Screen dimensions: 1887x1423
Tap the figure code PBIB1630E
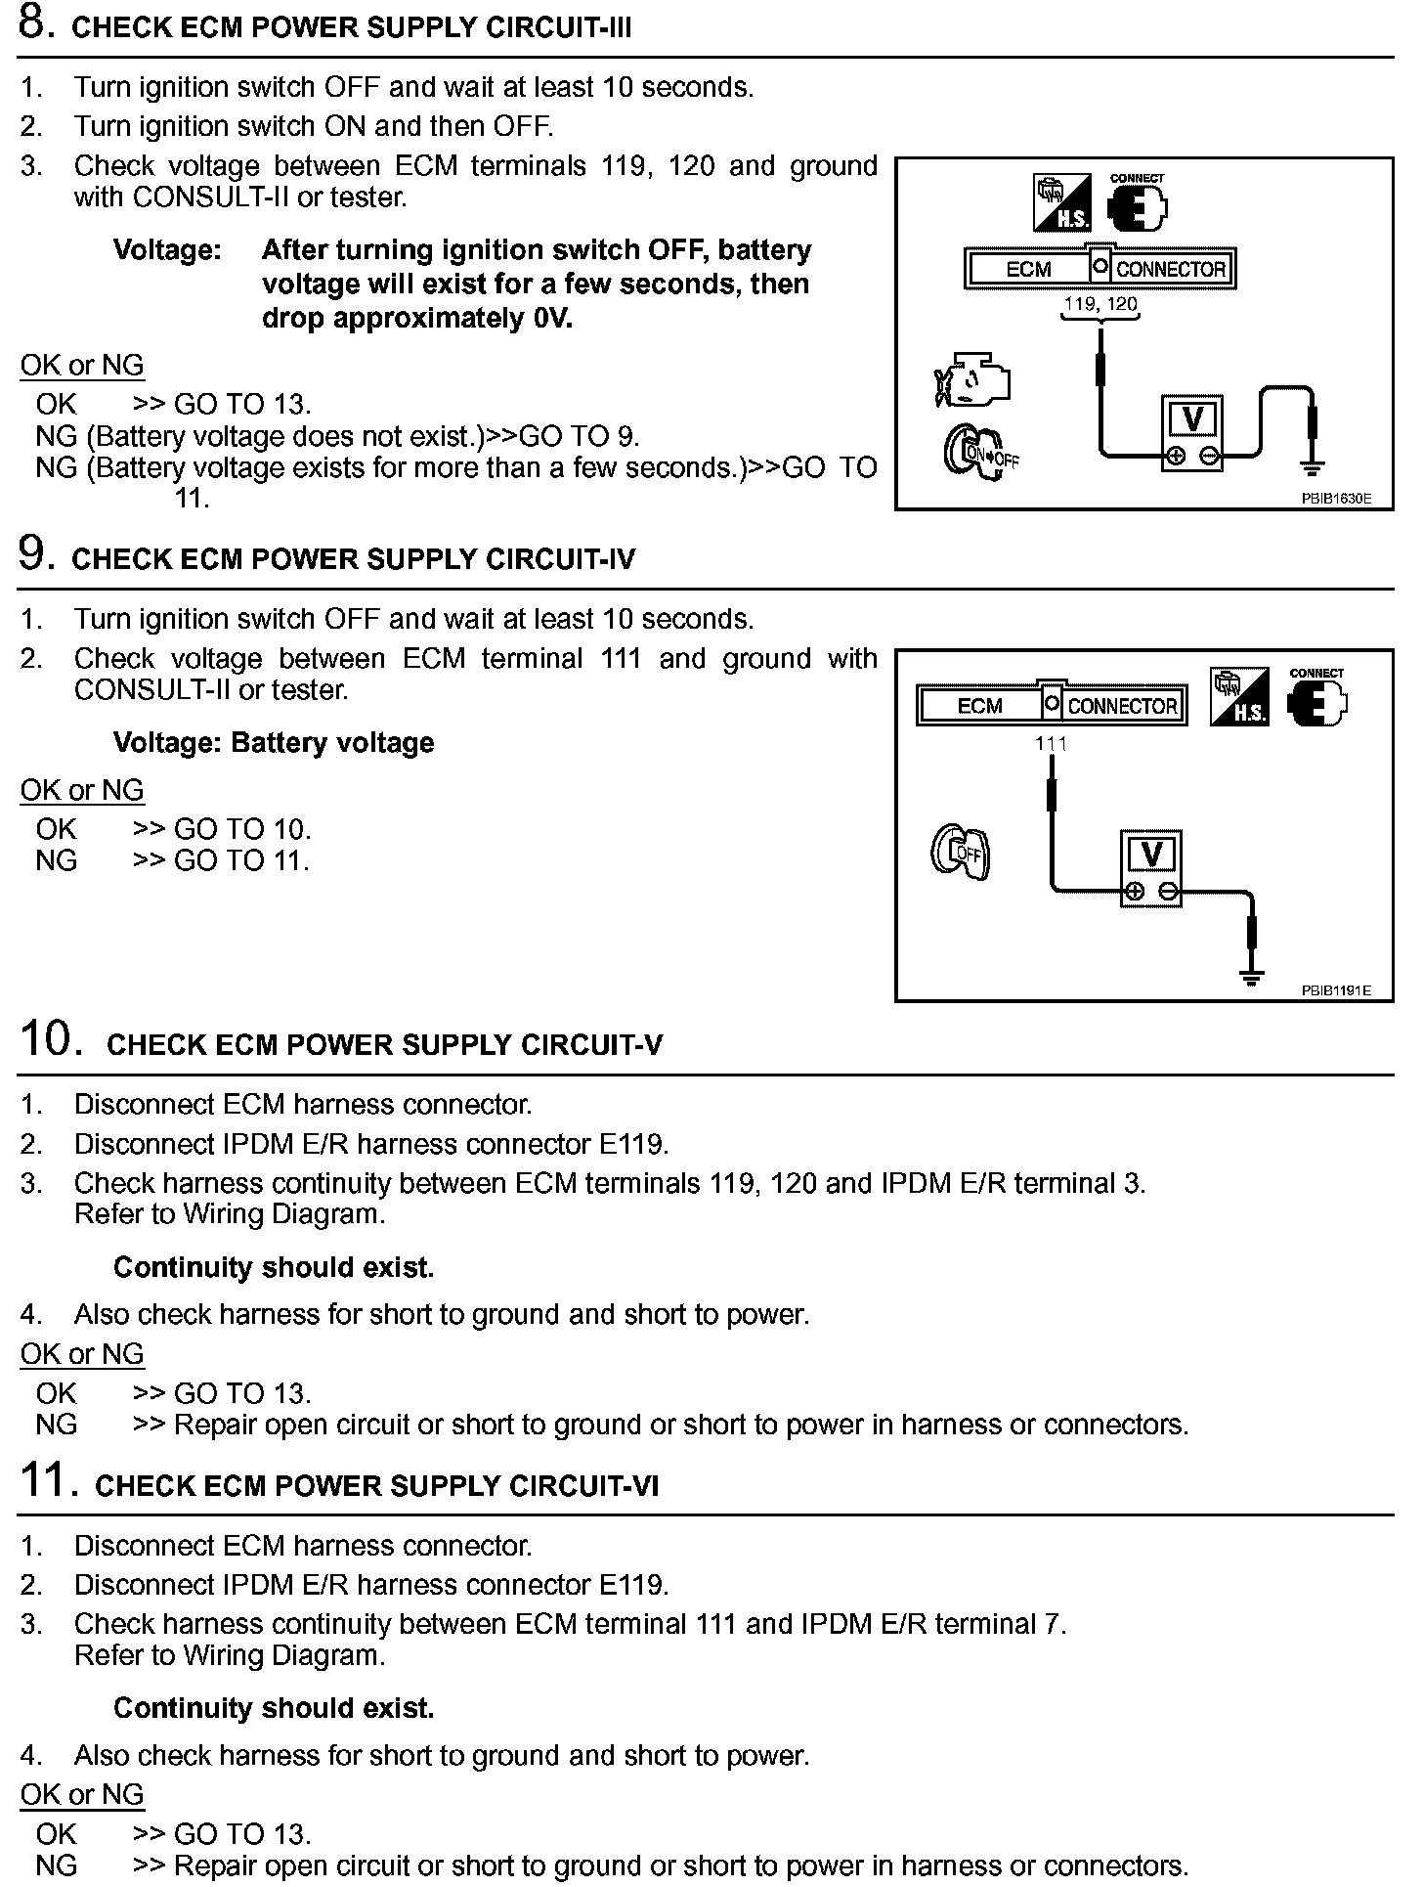click(1335, 498)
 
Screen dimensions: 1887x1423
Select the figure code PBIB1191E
click(1335, 990)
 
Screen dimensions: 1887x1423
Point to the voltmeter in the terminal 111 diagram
click(1151, 868)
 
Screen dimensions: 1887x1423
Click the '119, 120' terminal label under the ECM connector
click(1100, 304)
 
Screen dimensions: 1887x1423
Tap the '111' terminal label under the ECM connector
click(1052, 744)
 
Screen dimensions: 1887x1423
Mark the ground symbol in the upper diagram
click(1313, 468)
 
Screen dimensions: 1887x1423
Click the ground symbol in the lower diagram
click(1251, 976)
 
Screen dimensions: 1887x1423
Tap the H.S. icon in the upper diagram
click(1062, 203)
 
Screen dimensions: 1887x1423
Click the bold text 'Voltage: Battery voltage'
click(274, 743)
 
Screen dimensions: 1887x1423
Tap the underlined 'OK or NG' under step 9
click(82, 790)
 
